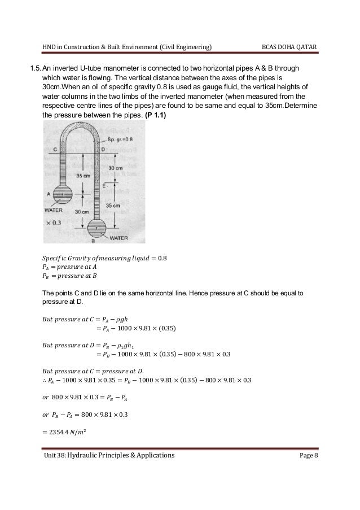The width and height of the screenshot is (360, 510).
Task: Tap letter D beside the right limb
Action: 102,149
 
